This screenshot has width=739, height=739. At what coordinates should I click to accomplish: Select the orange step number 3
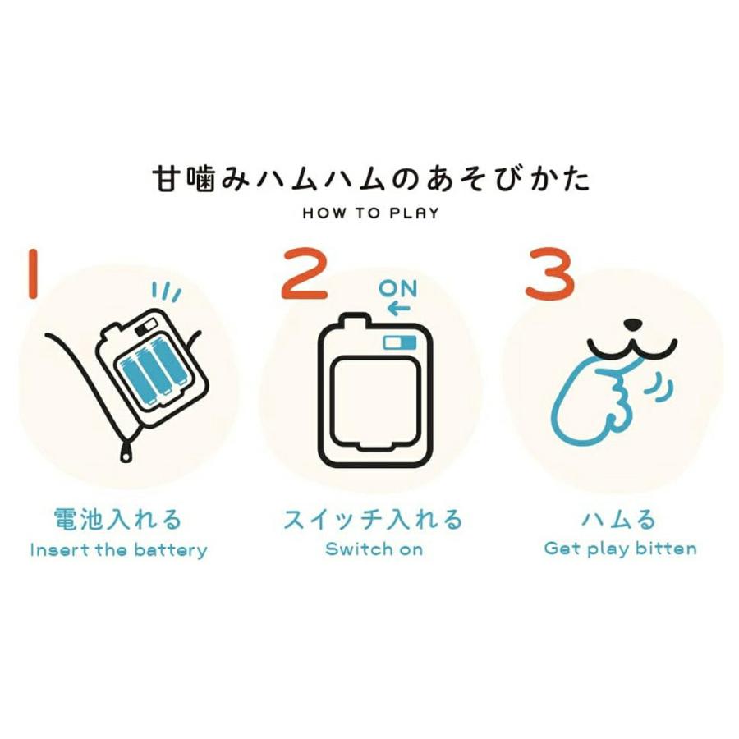click(x=549, y=276)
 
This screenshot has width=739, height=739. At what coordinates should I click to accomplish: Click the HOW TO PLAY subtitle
click(x=370, y=213)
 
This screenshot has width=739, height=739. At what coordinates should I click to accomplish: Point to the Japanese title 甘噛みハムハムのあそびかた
click(x=371, y=178)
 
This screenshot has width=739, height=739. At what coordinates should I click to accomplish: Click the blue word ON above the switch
click(x=398, y=289)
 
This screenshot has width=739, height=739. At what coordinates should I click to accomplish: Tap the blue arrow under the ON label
click(x=398, y=310)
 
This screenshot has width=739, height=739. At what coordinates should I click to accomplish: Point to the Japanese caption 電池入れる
click(x=116, y=519)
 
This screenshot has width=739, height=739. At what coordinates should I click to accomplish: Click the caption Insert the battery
click(x=118, y=549)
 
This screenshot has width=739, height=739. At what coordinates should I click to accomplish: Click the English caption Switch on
click(x=374, y=549)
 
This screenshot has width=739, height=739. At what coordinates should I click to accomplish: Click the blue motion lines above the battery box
click(x=168, y=292)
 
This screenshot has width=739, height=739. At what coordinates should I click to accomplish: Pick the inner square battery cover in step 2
click(x=374, y=397)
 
